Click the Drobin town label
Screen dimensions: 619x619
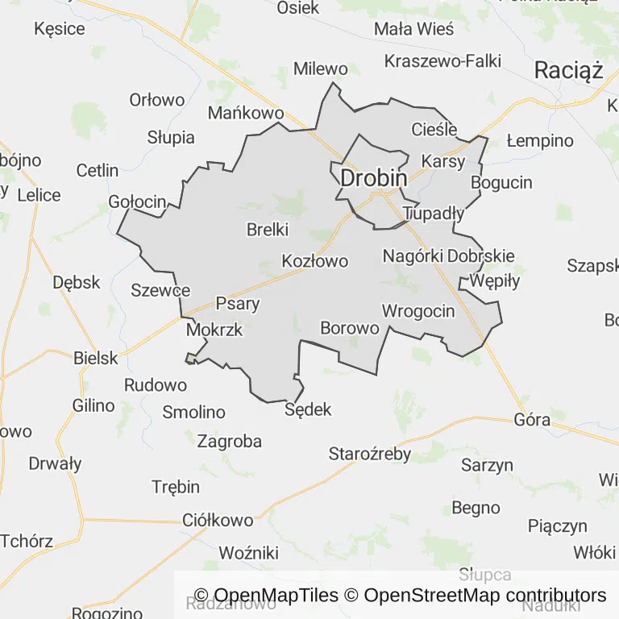point(373,178)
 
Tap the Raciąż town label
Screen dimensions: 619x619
point(568,71)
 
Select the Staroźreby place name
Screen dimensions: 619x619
point(370,454)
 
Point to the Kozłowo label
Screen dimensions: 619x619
point(315,261)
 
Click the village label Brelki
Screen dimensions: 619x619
point(268,230)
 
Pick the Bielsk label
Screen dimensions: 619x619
point(96,358)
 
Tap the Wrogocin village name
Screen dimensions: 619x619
point(418,311)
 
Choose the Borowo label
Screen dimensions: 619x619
point(350,328)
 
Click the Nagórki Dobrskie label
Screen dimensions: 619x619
point(449,256)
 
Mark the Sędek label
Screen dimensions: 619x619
point(309,410)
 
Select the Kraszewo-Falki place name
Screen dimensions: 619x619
point(442,61)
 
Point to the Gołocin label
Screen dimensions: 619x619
point(137,201)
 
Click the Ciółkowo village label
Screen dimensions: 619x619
point(218,520)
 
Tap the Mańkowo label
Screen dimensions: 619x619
point(246,113)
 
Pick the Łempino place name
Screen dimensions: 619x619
point(540,141)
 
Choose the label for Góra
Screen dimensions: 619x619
point(532,420)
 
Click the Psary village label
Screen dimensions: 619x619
point(238,304)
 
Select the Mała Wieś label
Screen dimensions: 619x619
point(414,29)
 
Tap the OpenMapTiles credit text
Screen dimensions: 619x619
point(267,596)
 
